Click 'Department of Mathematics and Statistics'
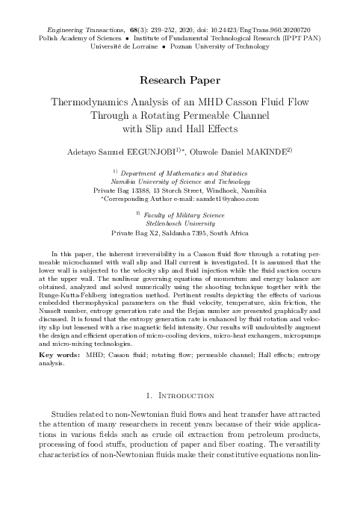tap(179, 173)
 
